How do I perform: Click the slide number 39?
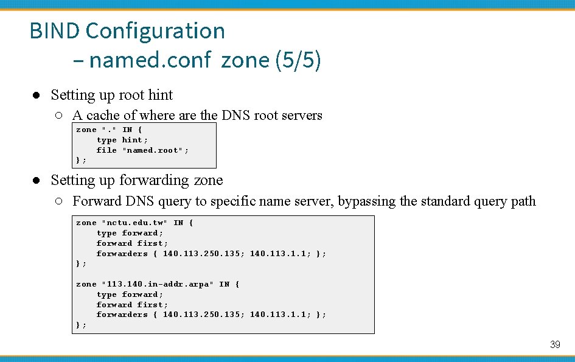pos(555,345)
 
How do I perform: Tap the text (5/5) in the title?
pos(298,60)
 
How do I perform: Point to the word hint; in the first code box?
pos(135,140)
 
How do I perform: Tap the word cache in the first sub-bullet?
pos(103,115)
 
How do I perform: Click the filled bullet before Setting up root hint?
pos(37,96)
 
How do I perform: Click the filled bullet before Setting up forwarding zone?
pos(37,181)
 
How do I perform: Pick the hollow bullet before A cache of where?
pos(58,116)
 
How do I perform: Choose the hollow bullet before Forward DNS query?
pos(58,201)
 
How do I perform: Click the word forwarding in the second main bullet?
pos(154,180)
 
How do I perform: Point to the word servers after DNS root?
pos(302,115)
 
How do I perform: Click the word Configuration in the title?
pos(155,31)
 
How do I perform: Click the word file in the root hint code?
pos(106,150)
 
